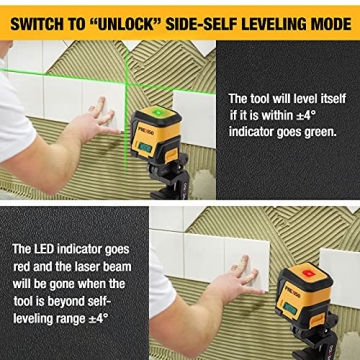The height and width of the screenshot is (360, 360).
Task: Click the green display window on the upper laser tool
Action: tap(146, 149)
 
